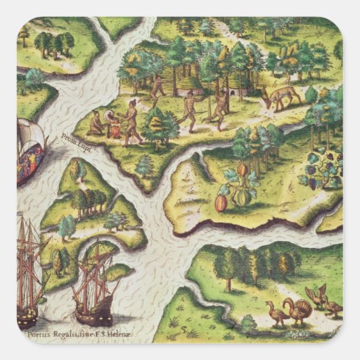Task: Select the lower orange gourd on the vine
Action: (221, 202)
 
